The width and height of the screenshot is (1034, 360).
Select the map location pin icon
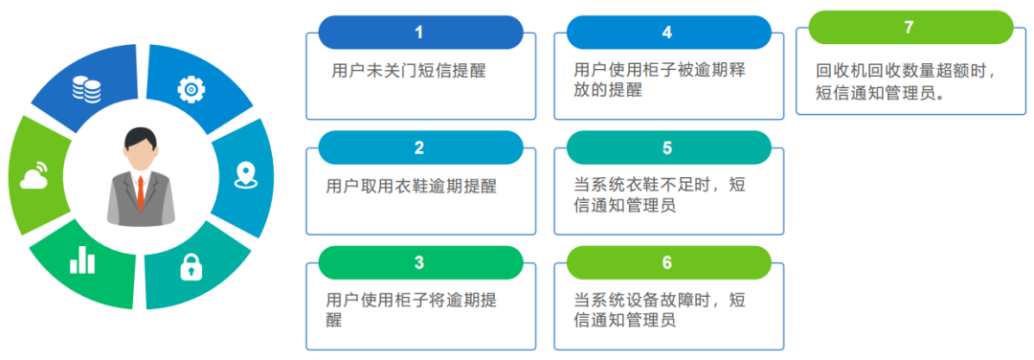pos(246,174)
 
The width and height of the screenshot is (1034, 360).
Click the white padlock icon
pos(191,266)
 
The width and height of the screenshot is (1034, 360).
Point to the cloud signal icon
pos(34,175)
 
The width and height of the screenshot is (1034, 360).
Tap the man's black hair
pos(140,136)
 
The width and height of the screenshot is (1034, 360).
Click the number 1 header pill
pos(419,33)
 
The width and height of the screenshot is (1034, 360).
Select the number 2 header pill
pos(419,147)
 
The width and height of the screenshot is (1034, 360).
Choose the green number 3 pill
pos(419,262)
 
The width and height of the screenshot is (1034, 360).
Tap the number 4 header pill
pos(667,33)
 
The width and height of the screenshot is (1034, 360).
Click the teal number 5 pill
pos(667,147)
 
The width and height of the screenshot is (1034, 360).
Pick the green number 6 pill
pos(667,262)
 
